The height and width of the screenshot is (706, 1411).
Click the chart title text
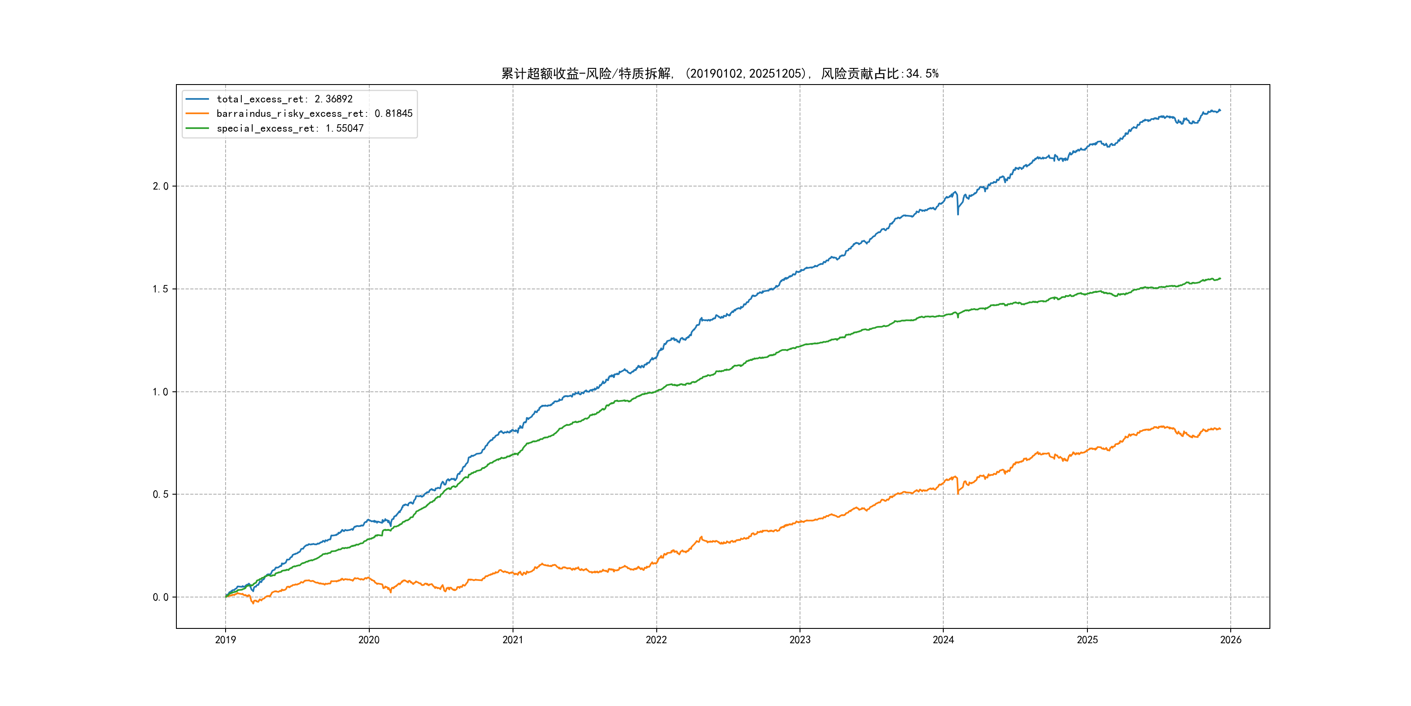(x=720, y=74)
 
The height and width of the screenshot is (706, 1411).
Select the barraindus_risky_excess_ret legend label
(x=314, y=113)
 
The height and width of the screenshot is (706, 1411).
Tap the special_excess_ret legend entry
(x=290, y=128)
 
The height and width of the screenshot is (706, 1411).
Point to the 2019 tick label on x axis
(x=225, y=640)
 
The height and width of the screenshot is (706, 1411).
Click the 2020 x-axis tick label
(x=368, y=640)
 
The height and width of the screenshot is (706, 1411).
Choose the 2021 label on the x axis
(x=513, y=640)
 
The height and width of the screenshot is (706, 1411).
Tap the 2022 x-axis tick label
(x=656, y=640)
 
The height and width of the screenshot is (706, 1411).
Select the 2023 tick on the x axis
(x=800, y=640)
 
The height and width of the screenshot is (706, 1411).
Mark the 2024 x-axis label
(x=943, y=640)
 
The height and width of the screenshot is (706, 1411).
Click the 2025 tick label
(x=1087, y=640)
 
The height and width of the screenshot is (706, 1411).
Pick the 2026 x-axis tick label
(x=1231, y=640)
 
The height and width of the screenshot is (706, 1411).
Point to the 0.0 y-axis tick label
(x=161, y=597)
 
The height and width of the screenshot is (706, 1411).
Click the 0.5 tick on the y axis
(x=161, y=495)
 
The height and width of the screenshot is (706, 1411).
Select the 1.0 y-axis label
(x=161, y=392)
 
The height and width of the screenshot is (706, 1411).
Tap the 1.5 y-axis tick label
(x=161, y=289)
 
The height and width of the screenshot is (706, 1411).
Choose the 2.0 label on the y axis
(x=161, y=187)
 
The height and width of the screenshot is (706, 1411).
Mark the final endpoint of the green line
(x=1220, y=278)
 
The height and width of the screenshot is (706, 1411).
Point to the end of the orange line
(x=1220, y=429)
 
